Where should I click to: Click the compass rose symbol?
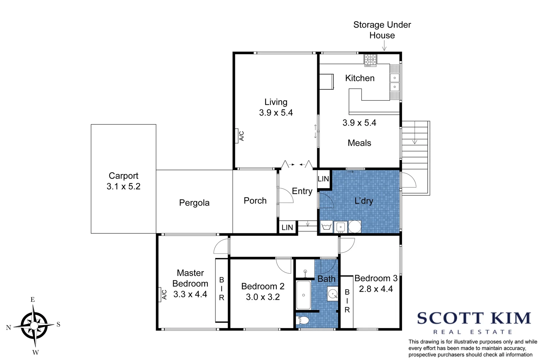click(34, 325)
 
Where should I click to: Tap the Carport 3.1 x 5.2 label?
click(123, 181)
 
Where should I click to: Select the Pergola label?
click(194, 203)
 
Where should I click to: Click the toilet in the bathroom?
click(303, 321)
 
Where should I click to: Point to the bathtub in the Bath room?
click(303, 295)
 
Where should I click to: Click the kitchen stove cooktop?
click(370, 60)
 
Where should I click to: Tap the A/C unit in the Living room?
click(237, 136)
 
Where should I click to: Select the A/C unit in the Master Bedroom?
click(160, 295)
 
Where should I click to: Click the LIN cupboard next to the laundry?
click(323, 179)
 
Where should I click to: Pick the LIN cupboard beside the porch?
click(287, 228)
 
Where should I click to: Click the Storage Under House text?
click(382, 30)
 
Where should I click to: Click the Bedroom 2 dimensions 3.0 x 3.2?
click(263, 297)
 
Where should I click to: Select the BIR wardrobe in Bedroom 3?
click(347, 301)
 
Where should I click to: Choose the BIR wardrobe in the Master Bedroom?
click(222, 289)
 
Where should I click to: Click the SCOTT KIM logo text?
click(474, 318)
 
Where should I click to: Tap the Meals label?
click(359, 143)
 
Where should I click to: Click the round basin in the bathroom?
click(333, 294)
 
